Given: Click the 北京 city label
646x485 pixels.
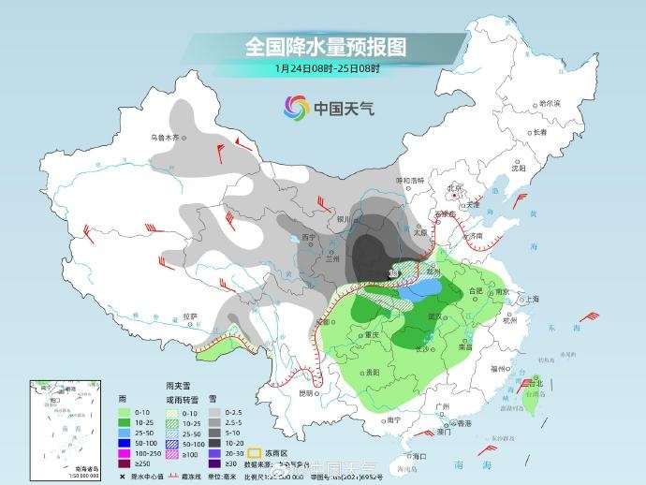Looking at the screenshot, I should (456, 187).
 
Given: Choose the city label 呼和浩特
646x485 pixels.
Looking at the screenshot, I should (410, 180).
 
